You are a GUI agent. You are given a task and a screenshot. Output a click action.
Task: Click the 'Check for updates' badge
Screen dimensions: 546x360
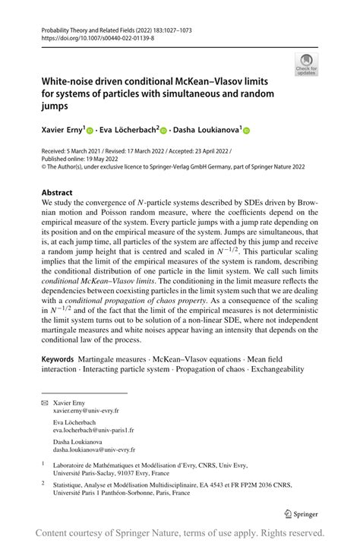point(308,65)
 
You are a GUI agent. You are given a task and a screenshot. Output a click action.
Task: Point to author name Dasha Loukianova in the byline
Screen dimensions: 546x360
point(206,130)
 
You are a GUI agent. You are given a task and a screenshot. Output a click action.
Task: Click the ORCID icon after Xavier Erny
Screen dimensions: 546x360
point(89,131)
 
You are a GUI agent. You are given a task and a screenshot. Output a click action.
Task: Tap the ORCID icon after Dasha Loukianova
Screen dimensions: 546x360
point(246,131)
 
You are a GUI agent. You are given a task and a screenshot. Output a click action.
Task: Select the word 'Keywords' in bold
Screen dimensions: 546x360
point(63,358)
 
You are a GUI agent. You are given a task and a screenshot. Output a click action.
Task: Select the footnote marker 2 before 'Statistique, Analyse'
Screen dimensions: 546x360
point(43,482)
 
